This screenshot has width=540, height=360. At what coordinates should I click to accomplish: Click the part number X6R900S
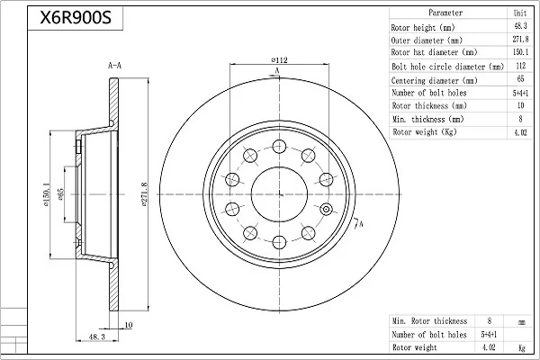(x=76, y=18)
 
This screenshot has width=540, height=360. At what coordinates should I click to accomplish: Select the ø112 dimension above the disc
(x=279, y=60)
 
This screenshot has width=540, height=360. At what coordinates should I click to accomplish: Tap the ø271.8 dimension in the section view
(x=145, y=194)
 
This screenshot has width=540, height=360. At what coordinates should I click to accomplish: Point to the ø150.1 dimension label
(x=47, y=194)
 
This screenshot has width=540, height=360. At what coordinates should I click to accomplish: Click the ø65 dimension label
(x=60, y=194)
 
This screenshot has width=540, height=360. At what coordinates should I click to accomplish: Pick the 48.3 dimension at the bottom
(x=97, y=337)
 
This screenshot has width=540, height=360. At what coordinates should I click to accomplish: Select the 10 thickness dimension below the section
(x=129, y=325)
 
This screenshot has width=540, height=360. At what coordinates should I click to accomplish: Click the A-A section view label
(x=114, y=66)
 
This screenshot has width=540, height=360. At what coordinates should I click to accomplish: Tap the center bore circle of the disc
(x=279, y=194)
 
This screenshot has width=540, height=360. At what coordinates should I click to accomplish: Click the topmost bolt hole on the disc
(x=279, y=147)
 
